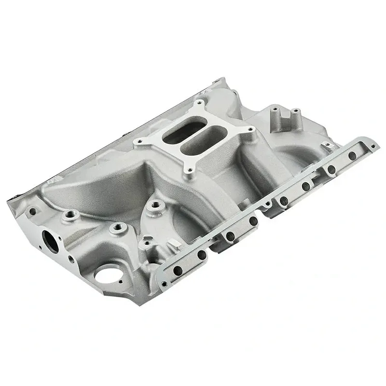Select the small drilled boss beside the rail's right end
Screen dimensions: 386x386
pyautogui.click(x=328, y=144)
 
